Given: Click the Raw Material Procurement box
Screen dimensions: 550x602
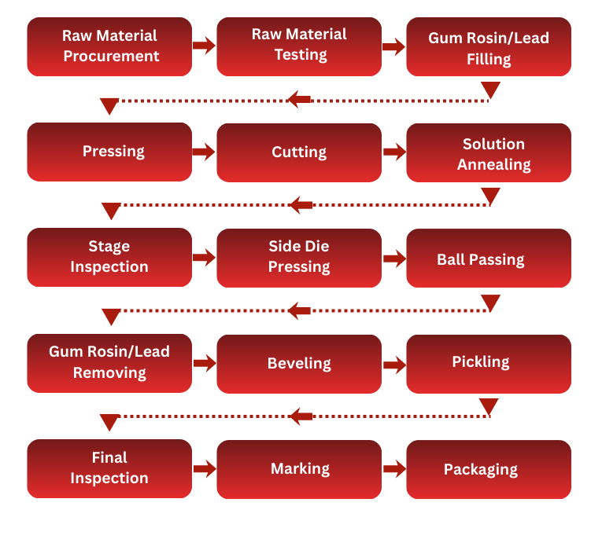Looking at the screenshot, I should [109, 46].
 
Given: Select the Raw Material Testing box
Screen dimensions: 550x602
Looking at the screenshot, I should [299, 46].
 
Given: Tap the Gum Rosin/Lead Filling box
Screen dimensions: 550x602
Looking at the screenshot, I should [489, 47].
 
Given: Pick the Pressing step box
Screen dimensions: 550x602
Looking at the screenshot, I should [109, 152].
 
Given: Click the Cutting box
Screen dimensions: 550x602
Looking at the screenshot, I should [299, 152].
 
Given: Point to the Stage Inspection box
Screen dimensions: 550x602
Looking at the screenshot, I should [109, 257].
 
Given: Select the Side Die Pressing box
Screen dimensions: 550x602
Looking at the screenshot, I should [299, 258].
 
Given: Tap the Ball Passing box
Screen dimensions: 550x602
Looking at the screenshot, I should [489, 258].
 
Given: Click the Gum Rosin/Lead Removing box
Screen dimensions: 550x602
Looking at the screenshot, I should [109, 362].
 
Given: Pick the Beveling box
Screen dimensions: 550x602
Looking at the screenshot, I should [299, 364].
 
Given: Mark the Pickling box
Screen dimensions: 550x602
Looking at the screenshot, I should [489, 363].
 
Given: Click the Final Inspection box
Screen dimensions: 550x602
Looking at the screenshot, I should [109, 468].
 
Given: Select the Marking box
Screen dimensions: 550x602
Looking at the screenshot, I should [299, 469].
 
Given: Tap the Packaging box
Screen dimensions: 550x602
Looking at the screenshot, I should [489, 470].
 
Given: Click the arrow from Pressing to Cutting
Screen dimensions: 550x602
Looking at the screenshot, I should [204, 152].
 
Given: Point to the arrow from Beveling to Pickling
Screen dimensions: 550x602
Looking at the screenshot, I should [393, 365].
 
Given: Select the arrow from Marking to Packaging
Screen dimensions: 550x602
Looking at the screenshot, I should [393, 470].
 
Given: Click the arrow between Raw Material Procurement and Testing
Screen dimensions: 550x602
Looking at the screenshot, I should [204, 46].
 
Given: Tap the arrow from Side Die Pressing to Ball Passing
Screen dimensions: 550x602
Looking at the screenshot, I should [393, 258].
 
